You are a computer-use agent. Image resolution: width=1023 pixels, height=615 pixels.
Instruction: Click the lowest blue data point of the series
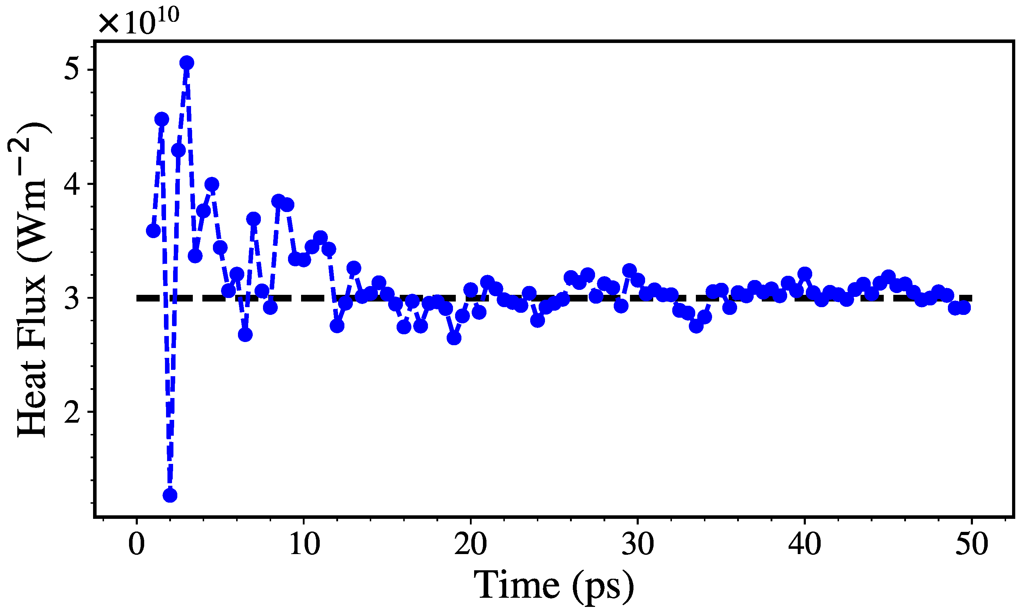coord(170,495)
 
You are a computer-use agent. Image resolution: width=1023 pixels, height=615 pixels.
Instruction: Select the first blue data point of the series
coord(153,231)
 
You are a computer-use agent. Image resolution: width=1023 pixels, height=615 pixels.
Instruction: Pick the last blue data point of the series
coord(964,308)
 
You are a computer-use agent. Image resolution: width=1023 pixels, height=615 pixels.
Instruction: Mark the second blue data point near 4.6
coord(162,119)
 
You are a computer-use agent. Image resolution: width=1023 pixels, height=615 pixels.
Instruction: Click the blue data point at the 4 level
coord(212,185)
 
